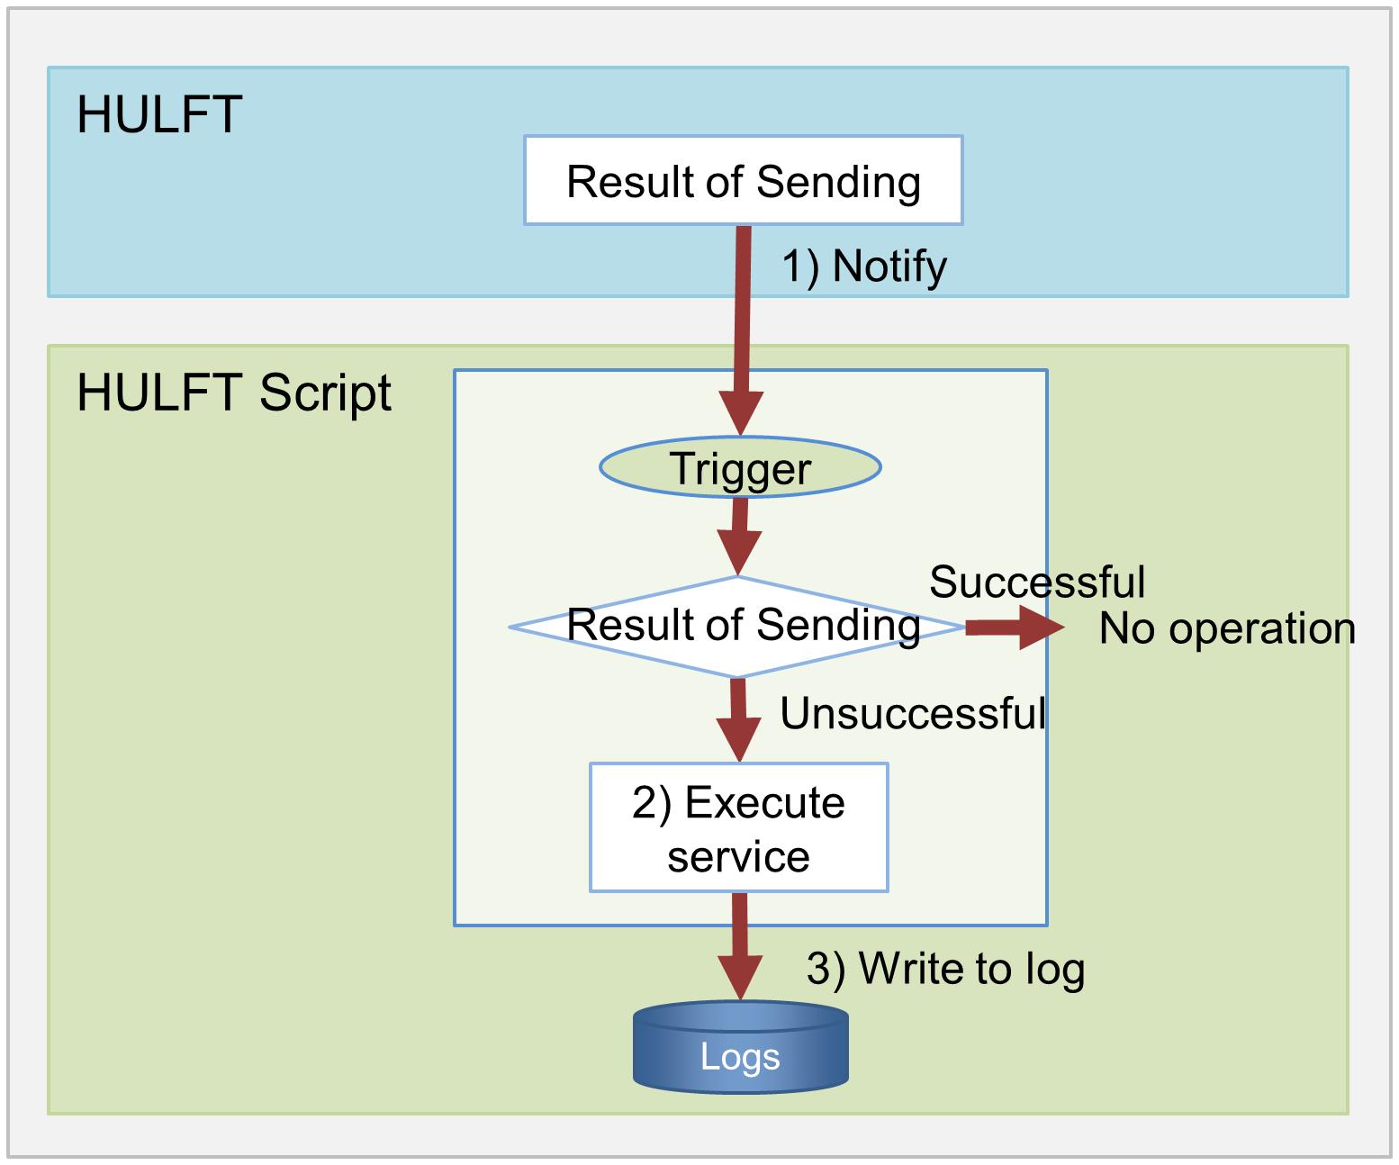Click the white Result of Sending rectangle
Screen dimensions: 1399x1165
pos(743,180)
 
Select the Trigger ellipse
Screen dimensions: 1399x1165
pos(740,467)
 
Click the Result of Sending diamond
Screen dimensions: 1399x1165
pos(737,627)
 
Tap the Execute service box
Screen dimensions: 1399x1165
pos(739,827)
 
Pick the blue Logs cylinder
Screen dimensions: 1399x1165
pos(740,1047)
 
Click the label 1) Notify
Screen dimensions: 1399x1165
pos(864,266)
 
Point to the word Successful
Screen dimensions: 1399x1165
pos(1036,582)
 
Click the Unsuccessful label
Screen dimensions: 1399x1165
pos(913,713)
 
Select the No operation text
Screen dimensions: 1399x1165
pos(1227,629)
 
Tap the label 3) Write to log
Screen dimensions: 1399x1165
pos(945,970)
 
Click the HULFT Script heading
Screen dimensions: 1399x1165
pos(234,394)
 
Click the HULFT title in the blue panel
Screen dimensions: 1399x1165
pos(159,114)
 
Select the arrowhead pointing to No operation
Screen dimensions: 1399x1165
pos(1042,627)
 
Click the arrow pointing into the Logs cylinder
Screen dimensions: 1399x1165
pos(740,946)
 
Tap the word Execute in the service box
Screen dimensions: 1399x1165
pos(764,802)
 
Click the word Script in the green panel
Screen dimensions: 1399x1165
pos(325,394)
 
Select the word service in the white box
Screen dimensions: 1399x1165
pos(738,857)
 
